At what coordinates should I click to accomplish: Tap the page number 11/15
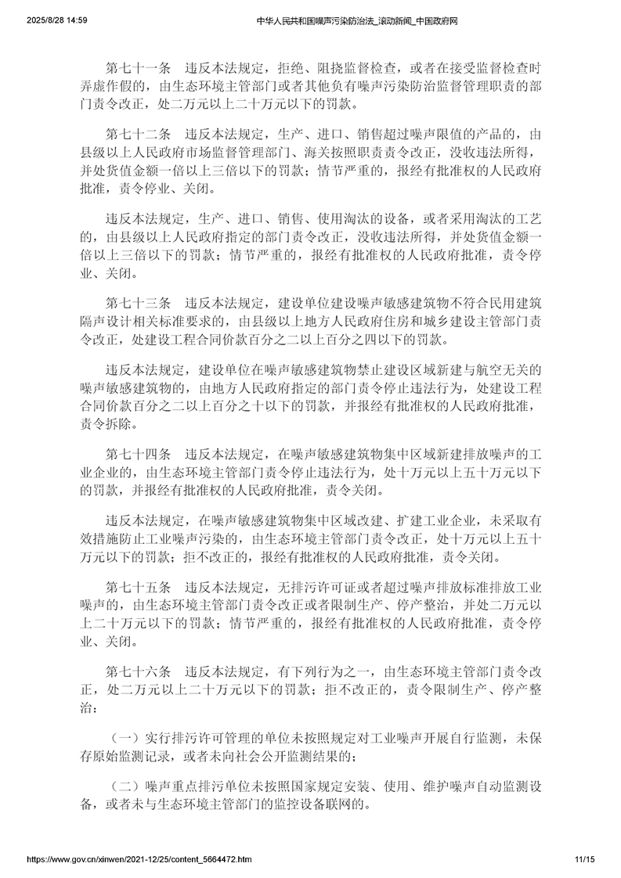point(583,858)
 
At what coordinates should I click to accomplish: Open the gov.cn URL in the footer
point(139,858)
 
